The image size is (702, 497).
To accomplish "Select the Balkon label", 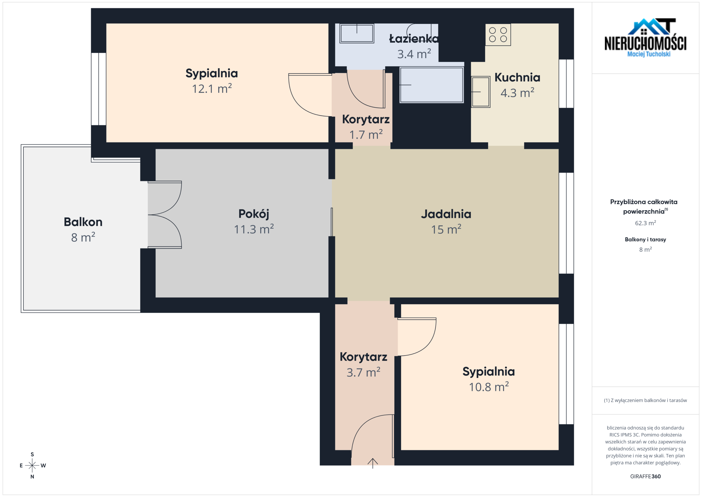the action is click(x=83, y=222).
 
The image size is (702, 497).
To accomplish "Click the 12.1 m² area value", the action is click(x=212, y=89).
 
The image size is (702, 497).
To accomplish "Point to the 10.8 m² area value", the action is click(x=489, y=387).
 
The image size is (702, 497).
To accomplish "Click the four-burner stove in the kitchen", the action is click(x=498, y=35).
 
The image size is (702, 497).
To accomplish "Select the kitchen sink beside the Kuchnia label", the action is click(x=481, y=92).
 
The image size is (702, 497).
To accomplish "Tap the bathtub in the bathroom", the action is click(x=431, y=85).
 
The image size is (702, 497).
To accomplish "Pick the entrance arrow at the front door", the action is click(x=372, y=463).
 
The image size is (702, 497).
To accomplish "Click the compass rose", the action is click(x=32, y=465).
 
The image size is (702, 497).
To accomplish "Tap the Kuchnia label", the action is click(x=517, y=77).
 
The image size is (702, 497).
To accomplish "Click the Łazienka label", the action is click(x=414, y=39).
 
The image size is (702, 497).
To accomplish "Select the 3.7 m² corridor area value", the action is click(x=363, y=372).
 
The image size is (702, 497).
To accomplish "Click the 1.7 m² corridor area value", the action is click(x=366, y=135).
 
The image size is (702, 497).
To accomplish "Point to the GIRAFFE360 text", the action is click(x=646, y=476).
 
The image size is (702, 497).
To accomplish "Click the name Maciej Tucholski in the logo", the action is click(x=649, y=54).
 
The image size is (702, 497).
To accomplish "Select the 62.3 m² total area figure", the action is click(x=646, y=223).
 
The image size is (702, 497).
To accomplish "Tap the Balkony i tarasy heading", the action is click(x=646, y=240).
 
